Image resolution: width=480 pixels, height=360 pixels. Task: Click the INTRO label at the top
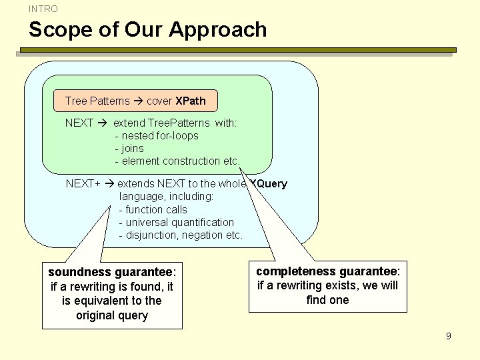[x=43, y=9]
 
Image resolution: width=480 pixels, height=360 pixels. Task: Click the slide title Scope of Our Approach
[x=147, y=30]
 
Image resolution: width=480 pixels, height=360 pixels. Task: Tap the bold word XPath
[x=190, y=101]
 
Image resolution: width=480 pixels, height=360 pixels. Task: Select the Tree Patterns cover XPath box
[x=135, y=101]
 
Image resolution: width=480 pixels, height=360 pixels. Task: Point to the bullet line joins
[x=133, y=149]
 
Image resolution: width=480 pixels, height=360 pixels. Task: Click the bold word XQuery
[x=269, y=184]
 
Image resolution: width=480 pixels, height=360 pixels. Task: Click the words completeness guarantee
[x=327, y=271]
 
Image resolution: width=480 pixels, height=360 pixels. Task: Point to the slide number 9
[x=449, y=336]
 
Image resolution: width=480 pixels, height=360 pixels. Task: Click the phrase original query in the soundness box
[x=112, y=315]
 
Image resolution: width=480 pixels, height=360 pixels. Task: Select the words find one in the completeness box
[x=327, y=300]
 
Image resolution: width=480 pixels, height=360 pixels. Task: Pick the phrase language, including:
[x=166, y=197]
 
